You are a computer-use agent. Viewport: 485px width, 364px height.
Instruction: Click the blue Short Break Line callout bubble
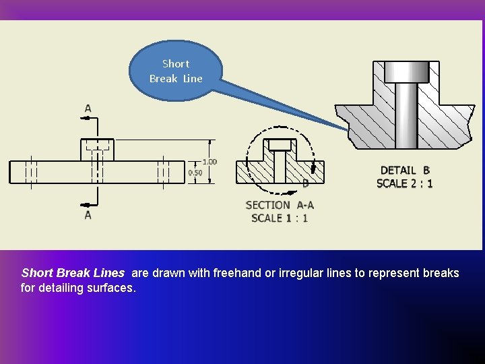coord(176,71)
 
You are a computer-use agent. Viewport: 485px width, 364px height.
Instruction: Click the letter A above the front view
coord(88,108)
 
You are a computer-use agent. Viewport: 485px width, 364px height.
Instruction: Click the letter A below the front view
coord(88,215)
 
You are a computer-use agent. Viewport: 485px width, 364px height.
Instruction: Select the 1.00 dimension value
coord(209,162)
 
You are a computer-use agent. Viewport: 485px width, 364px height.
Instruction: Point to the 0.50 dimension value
coord(195,173)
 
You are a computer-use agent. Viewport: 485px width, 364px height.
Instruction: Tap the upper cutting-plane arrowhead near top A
coord(86,118)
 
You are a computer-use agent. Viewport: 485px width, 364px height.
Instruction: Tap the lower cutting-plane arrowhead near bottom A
coord(86,204)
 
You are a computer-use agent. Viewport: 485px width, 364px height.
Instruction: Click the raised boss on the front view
coord(98,149)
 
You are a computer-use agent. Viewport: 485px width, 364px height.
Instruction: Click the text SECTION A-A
coord(280,205)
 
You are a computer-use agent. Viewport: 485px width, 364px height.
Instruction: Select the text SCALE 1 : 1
coord(280,218)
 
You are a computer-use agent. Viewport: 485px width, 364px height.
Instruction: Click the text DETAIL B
coord(405,171)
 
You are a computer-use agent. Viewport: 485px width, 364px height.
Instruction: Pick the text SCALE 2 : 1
coord(405,183)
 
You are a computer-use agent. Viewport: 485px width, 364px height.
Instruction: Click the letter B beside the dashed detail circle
coord(305,183)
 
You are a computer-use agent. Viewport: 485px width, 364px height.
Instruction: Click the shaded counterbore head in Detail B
coord(407,71)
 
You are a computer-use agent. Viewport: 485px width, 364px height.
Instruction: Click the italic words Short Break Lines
coord(73,274)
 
